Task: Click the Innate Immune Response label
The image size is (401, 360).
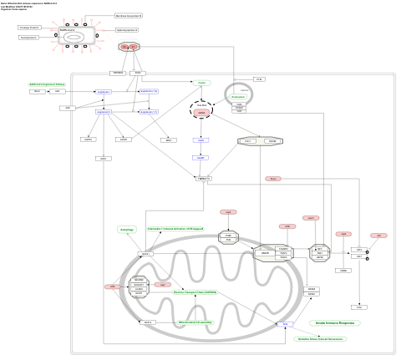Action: pos(334,322)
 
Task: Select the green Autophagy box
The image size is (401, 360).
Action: pos(127,229)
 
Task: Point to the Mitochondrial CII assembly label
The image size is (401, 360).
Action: pos(195,322)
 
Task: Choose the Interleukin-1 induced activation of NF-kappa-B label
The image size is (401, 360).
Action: pos(175,228)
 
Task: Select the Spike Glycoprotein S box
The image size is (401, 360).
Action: pos(127,29)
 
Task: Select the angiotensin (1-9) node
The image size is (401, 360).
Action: pos(149,91)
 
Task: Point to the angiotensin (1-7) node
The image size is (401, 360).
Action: pos(149,111)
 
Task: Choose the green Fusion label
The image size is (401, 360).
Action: pos(200,83)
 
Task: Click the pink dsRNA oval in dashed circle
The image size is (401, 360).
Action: pos(200,112)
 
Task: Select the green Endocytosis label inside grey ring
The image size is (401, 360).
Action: pos(237,97)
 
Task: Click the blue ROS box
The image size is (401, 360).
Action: pos(285,323)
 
